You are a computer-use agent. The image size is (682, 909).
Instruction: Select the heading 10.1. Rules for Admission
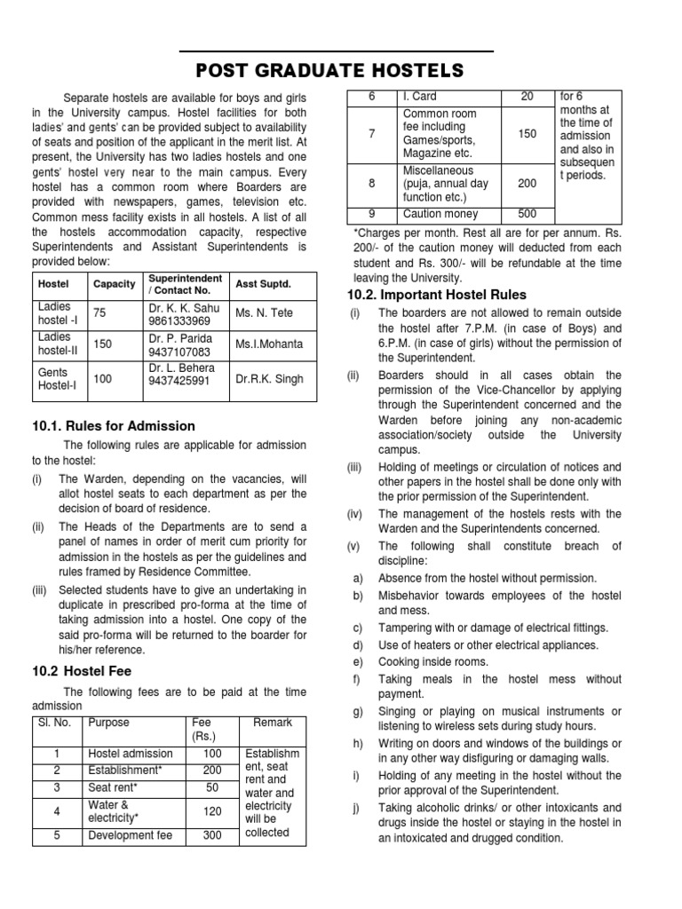pyautogui.click(x=113, y=426)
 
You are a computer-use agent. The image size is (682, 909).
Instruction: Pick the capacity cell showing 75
pyautogui.click(x=99, y=313)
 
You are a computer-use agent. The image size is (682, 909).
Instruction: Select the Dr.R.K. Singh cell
pyautogui.click(x=269, y=379)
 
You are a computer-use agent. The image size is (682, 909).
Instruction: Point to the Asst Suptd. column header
pyautogui.click(x=263, y=284)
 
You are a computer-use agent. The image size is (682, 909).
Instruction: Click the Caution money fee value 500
pyautogui.click(x=527, y=214)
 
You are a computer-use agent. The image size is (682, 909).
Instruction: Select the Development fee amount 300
pyautogui.click(x=211, y=835)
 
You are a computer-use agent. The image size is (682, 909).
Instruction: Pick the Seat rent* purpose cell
pyautogui.click(x=113, y=787)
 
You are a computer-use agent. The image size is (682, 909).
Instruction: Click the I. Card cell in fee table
pyautogui.click(x=420, y=96)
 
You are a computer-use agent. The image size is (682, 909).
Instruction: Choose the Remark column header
pyautogui.click(x=274, y=723)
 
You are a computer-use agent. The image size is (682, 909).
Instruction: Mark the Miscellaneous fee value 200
pyautogui.click(x=527, y=183)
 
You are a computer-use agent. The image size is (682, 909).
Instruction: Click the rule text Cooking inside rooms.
pyautogui.click(x=433, y=662)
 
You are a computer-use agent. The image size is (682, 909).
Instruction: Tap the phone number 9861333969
pyautogui.click(x=179, y=320)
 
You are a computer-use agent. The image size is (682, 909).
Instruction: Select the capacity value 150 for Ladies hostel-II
pyautogui.click(x=102, y=344)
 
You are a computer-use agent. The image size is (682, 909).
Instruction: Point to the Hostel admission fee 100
pyautogui.click(x=211, y=754)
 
